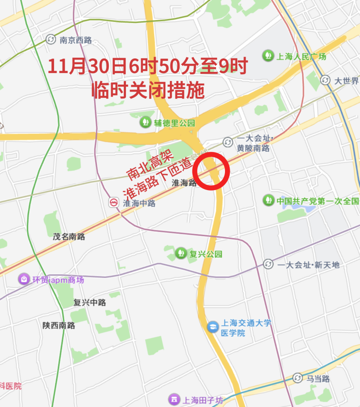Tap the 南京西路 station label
click(75, 40)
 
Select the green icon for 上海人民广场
click(268, 56)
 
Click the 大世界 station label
click(346, 81)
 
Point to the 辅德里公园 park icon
click(145, 122)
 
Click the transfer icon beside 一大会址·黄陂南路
click(228, 142)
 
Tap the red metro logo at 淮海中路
click(113, 203)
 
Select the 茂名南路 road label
click(69, 236)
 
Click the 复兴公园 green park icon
click(181, 254)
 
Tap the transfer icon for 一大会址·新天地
click(268, 264)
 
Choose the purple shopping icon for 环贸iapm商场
click(24, 279)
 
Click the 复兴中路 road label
click(90, 302)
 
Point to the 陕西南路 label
click(58, 325)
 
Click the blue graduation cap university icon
click(212, 326)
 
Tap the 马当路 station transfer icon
click(298, 378)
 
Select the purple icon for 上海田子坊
click(174, 400)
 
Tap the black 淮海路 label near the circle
click(184, 183)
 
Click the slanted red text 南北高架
click(148, 164)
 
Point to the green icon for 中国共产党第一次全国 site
click(268, 200)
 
